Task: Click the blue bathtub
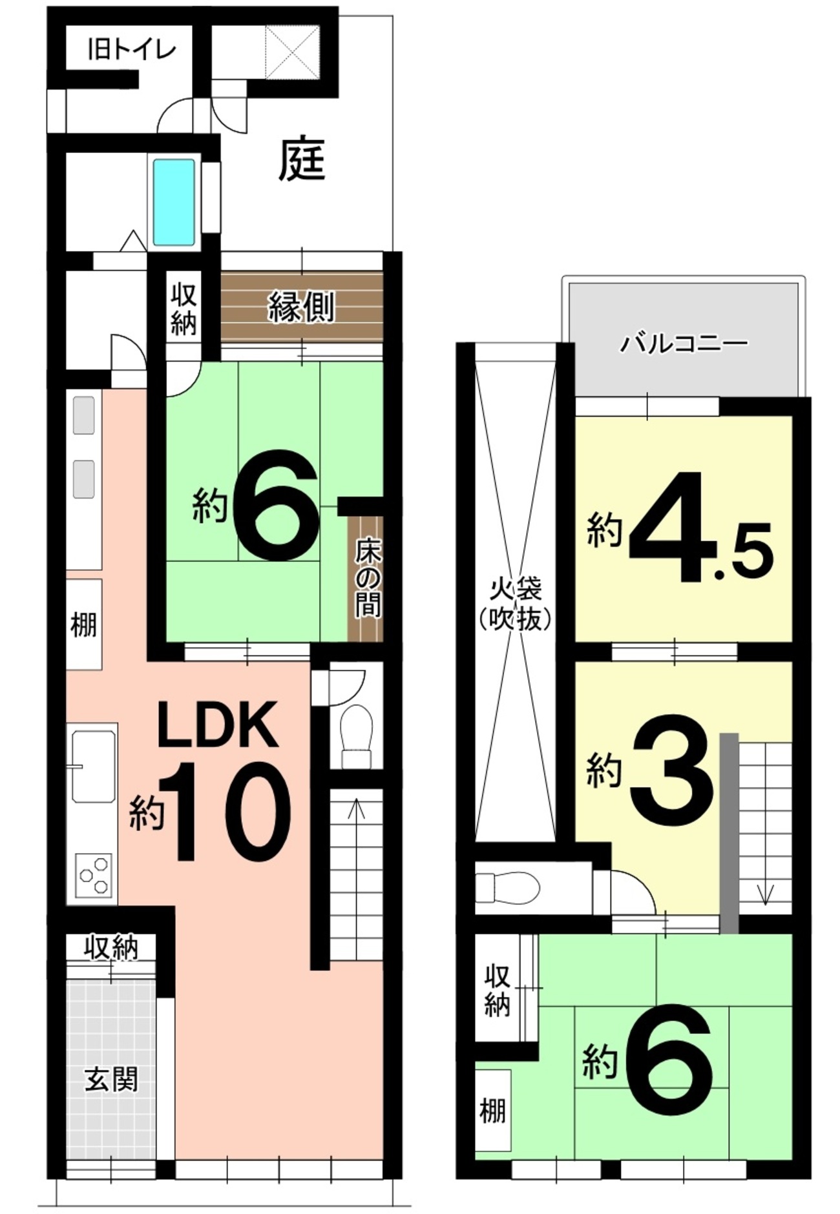click(174, 201)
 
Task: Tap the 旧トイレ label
click(132, 49)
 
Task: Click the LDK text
click(219, 725)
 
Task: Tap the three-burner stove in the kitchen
click(94, 875)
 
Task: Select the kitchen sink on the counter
click(94, 766)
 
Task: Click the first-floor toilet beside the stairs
click(356, 737)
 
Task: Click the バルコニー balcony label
click(684, 343)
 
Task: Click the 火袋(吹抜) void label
click(515, 604)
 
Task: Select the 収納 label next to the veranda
click(184, 310)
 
